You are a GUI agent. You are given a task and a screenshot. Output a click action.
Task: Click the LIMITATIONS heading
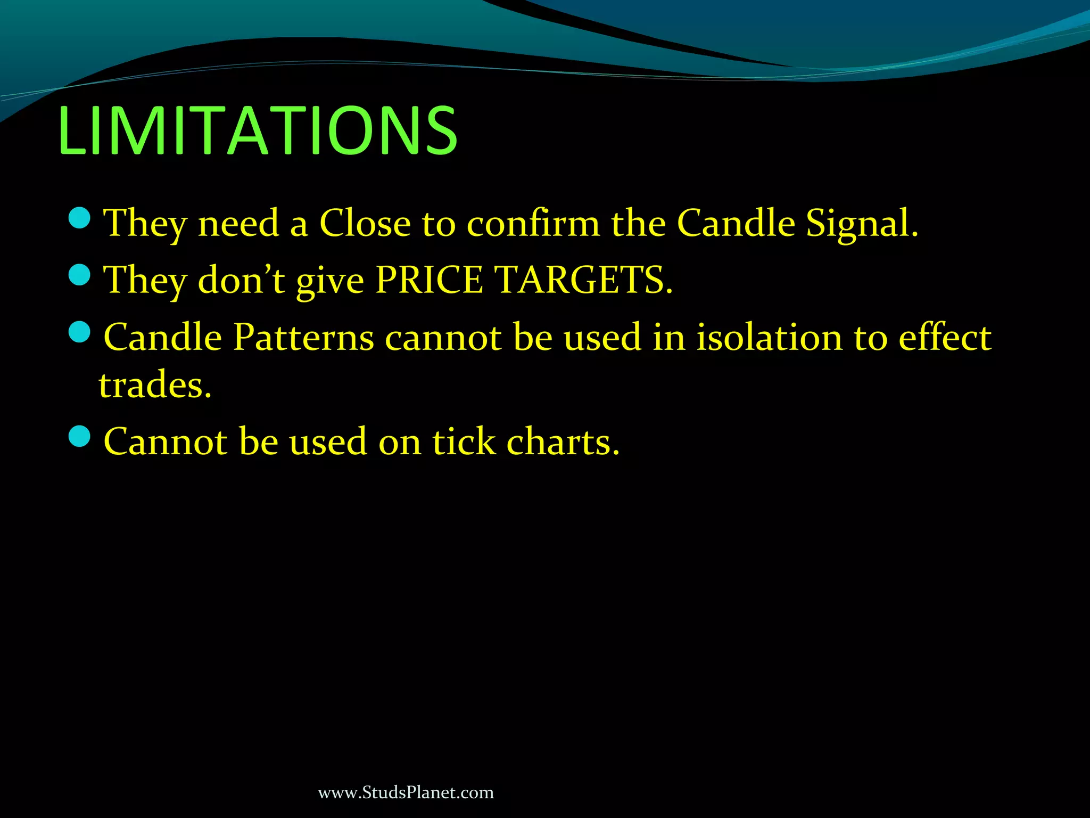coord(258,130)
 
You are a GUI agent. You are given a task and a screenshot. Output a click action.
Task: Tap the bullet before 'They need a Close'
coord(80,218)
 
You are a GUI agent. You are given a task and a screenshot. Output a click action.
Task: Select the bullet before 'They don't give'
coord(80,275)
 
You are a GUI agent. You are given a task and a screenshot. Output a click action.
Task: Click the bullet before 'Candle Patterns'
coord(80,332)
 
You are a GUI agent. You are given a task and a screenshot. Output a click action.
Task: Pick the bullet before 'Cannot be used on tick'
coord(80,437)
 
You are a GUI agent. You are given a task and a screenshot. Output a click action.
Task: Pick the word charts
coord(563,441)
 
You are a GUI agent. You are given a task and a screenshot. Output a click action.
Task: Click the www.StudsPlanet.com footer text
coord(406,792)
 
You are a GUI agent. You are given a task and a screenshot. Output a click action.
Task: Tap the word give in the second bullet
coord(330,281)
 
